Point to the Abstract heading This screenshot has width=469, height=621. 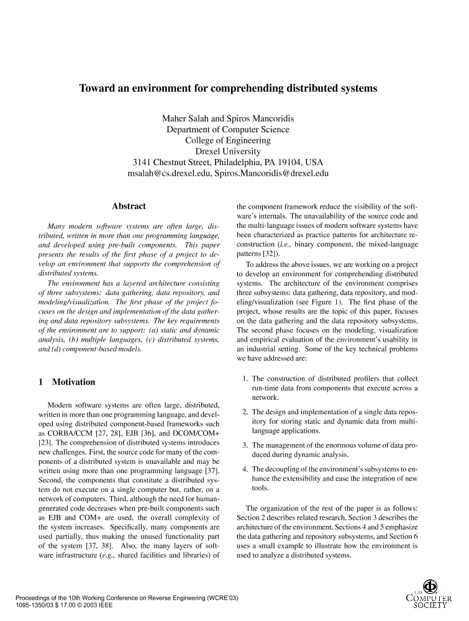tap(129, 206)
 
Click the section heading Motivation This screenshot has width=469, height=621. tap(73, 382)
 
